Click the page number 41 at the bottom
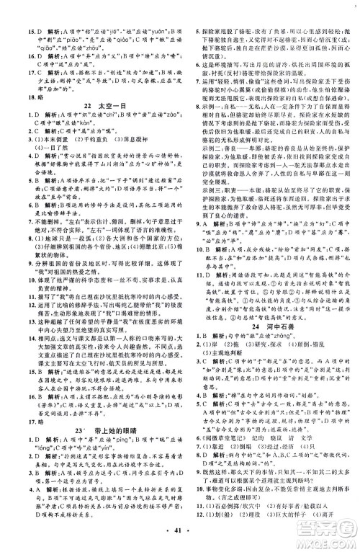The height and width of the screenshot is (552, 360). click(180, 540)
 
